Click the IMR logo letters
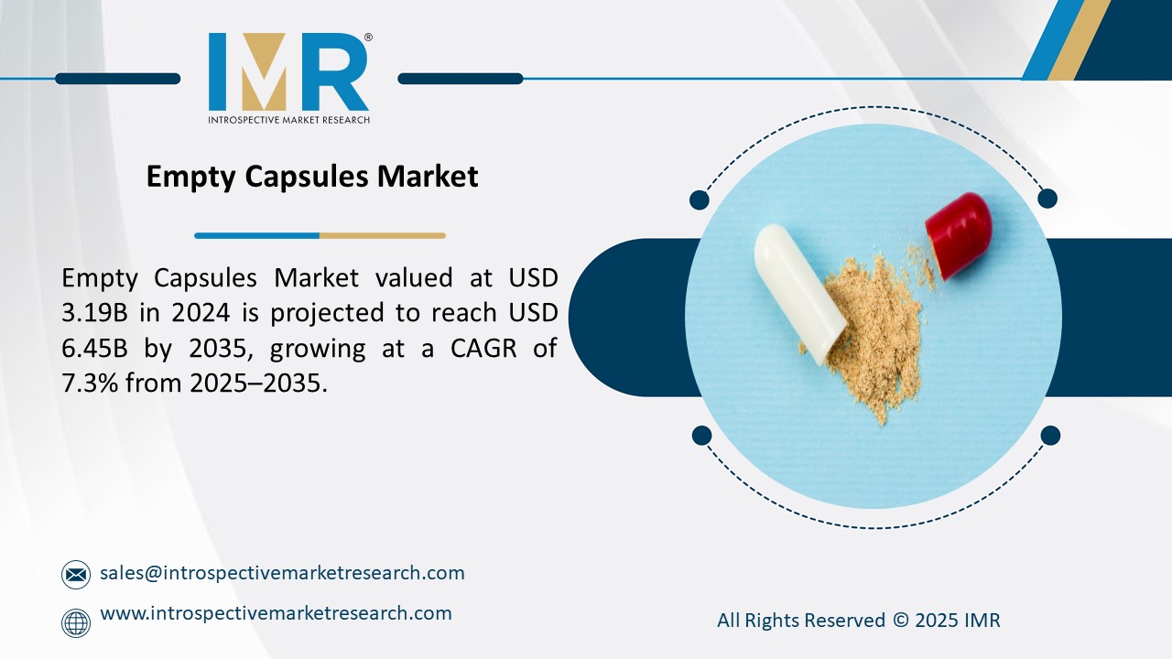(x=288, y=72)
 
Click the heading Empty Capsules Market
(x=312, y=176)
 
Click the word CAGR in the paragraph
(x=465, y=349)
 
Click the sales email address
(x=282, y=573)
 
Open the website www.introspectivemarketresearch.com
(x=276, y=613)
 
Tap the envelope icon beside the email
(x=76, y=575)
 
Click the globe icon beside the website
(x=76, y=622)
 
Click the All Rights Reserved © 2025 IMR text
(x=858, y=621)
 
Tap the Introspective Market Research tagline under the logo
(x=288, y=120)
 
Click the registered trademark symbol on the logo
(x=368, y=38)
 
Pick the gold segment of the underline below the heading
(x=382, y=235)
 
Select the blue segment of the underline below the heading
(x=256, y=235)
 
